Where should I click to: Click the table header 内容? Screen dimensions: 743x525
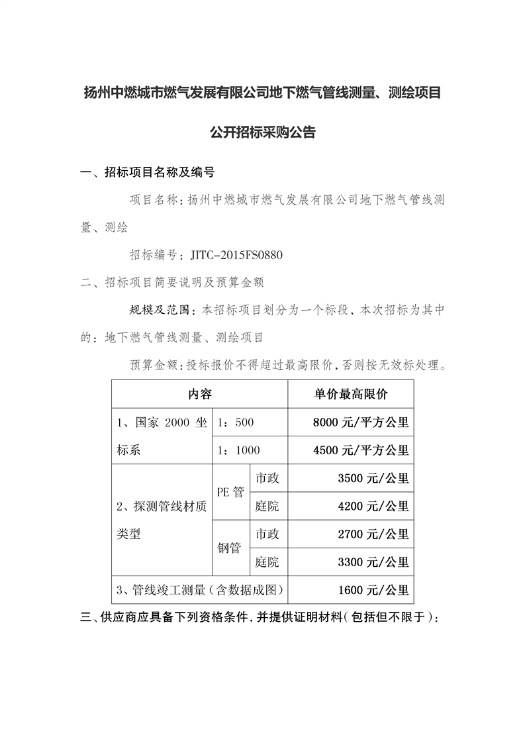[x=199, y=394]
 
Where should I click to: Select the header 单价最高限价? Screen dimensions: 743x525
[x=351, y=394]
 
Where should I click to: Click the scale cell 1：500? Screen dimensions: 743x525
[x=236, y=422]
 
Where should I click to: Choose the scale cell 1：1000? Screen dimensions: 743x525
[x=239, y=450]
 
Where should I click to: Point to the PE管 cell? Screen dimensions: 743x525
[x=230, y=493]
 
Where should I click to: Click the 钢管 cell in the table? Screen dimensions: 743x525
[x=230, y=548]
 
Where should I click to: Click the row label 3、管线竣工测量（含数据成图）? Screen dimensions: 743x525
[x=199, y=590]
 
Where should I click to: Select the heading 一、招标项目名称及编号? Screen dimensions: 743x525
[x=147, y=173]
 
